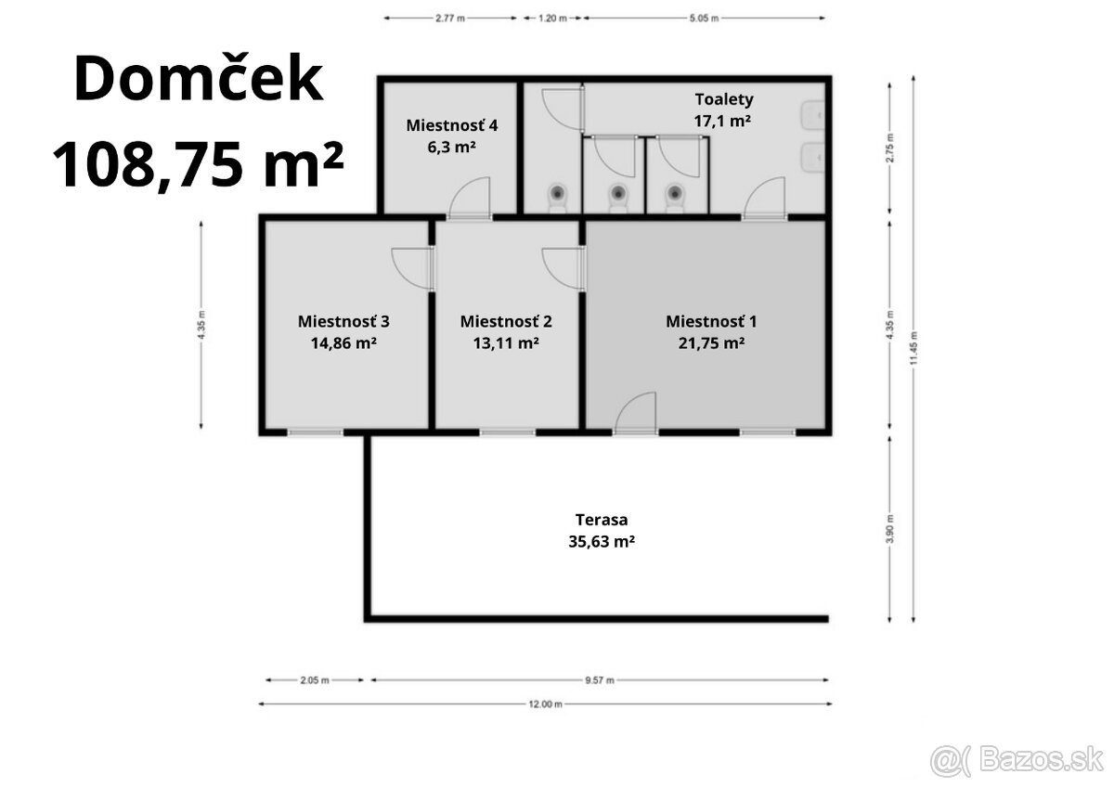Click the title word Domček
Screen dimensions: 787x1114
coord(198,80)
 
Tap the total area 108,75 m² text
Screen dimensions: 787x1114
coord(198,164)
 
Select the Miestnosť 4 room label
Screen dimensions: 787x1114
coord(452,124)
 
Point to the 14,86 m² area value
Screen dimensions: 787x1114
coord(343,342)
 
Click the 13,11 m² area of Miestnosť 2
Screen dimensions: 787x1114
coord(506,342)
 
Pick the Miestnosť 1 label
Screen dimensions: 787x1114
coord(711,321)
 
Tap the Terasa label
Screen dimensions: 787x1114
coord(601,521)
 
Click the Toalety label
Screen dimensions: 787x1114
coord(724,99)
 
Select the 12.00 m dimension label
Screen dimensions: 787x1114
coord(546,704)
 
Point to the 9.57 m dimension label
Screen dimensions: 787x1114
coord(599,680)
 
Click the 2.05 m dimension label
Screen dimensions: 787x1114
coord(314,680)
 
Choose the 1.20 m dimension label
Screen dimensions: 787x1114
coord(551,18)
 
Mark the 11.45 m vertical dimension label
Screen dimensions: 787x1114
coord(914,349)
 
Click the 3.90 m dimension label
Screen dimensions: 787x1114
coord(890,528)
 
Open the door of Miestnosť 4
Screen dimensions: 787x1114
coord(469,200)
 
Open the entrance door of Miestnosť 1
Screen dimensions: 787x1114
coord(636,415)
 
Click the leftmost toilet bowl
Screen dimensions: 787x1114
coord(557,195)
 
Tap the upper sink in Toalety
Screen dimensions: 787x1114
coord(814,116)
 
